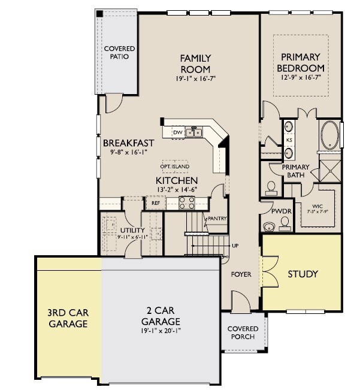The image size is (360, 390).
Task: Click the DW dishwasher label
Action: click(177, 132)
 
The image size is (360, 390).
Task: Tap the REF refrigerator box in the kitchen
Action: click(156, 203)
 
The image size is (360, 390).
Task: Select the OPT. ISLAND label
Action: click(175, 167)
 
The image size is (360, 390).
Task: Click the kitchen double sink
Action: click(194, 132)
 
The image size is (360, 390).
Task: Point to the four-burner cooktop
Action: click(187, 203)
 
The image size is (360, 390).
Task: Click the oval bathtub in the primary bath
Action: click(329, 135)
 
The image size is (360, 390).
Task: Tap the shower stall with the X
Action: click(330, 171)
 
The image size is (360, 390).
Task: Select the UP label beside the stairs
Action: click(235, 246)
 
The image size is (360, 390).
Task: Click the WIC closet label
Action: click(317, 206)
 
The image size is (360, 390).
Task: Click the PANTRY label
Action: click(217, 219)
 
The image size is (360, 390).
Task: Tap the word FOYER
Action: click(241, 274)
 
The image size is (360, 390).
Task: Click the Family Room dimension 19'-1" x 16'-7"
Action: click(196, 78)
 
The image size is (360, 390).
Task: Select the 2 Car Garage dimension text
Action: click(161, 331)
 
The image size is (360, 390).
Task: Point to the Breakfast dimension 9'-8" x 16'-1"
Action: click(129, 152)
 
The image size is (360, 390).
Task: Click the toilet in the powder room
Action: click(285, 223)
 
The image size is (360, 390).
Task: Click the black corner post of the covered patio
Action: click(99, 14)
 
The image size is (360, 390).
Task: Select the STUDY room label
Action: click(303, 274)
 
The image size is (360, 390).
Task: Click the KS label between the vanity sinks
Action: click(289, 140)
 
